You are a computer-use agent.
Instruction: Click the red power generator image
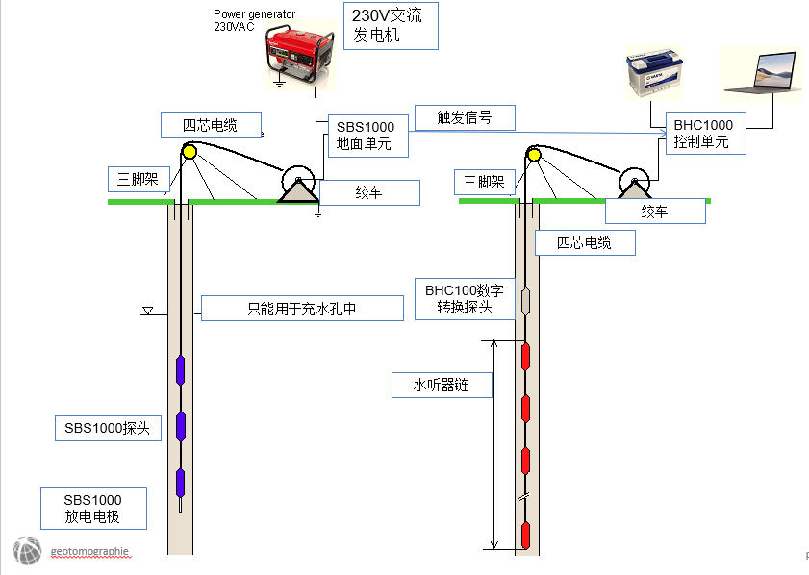(x=299, y=57)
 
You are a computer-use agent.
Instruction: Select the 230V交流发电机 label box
(x=391, y=26)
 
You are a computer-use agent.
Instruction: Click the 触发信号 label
(x=465, y=117)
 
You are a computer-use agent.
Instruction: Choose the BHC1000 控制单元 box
(x=703, y=134)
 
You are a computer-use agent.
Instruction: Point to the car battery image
(x=655, y=77)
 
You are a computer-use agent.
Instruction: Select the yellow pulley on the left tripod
(x=190, y=151)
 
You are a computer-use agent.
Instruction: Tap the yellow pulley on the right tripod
(x=534, y=153)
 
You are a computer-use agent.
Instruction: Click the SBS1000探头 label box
(x=106, y=428)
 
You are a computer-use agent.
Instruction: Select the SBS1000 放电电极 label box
(x=93, y=509)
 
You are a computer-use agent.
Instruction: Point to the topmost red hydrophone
(x=525, y=357)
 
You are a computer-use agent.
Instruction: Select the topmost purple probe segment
(x=181, y=369)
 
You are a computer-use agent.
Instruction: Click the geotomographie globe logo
(x=26, y=552)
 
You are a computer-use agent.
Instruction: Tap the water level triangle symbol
(x=148, y=311)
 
